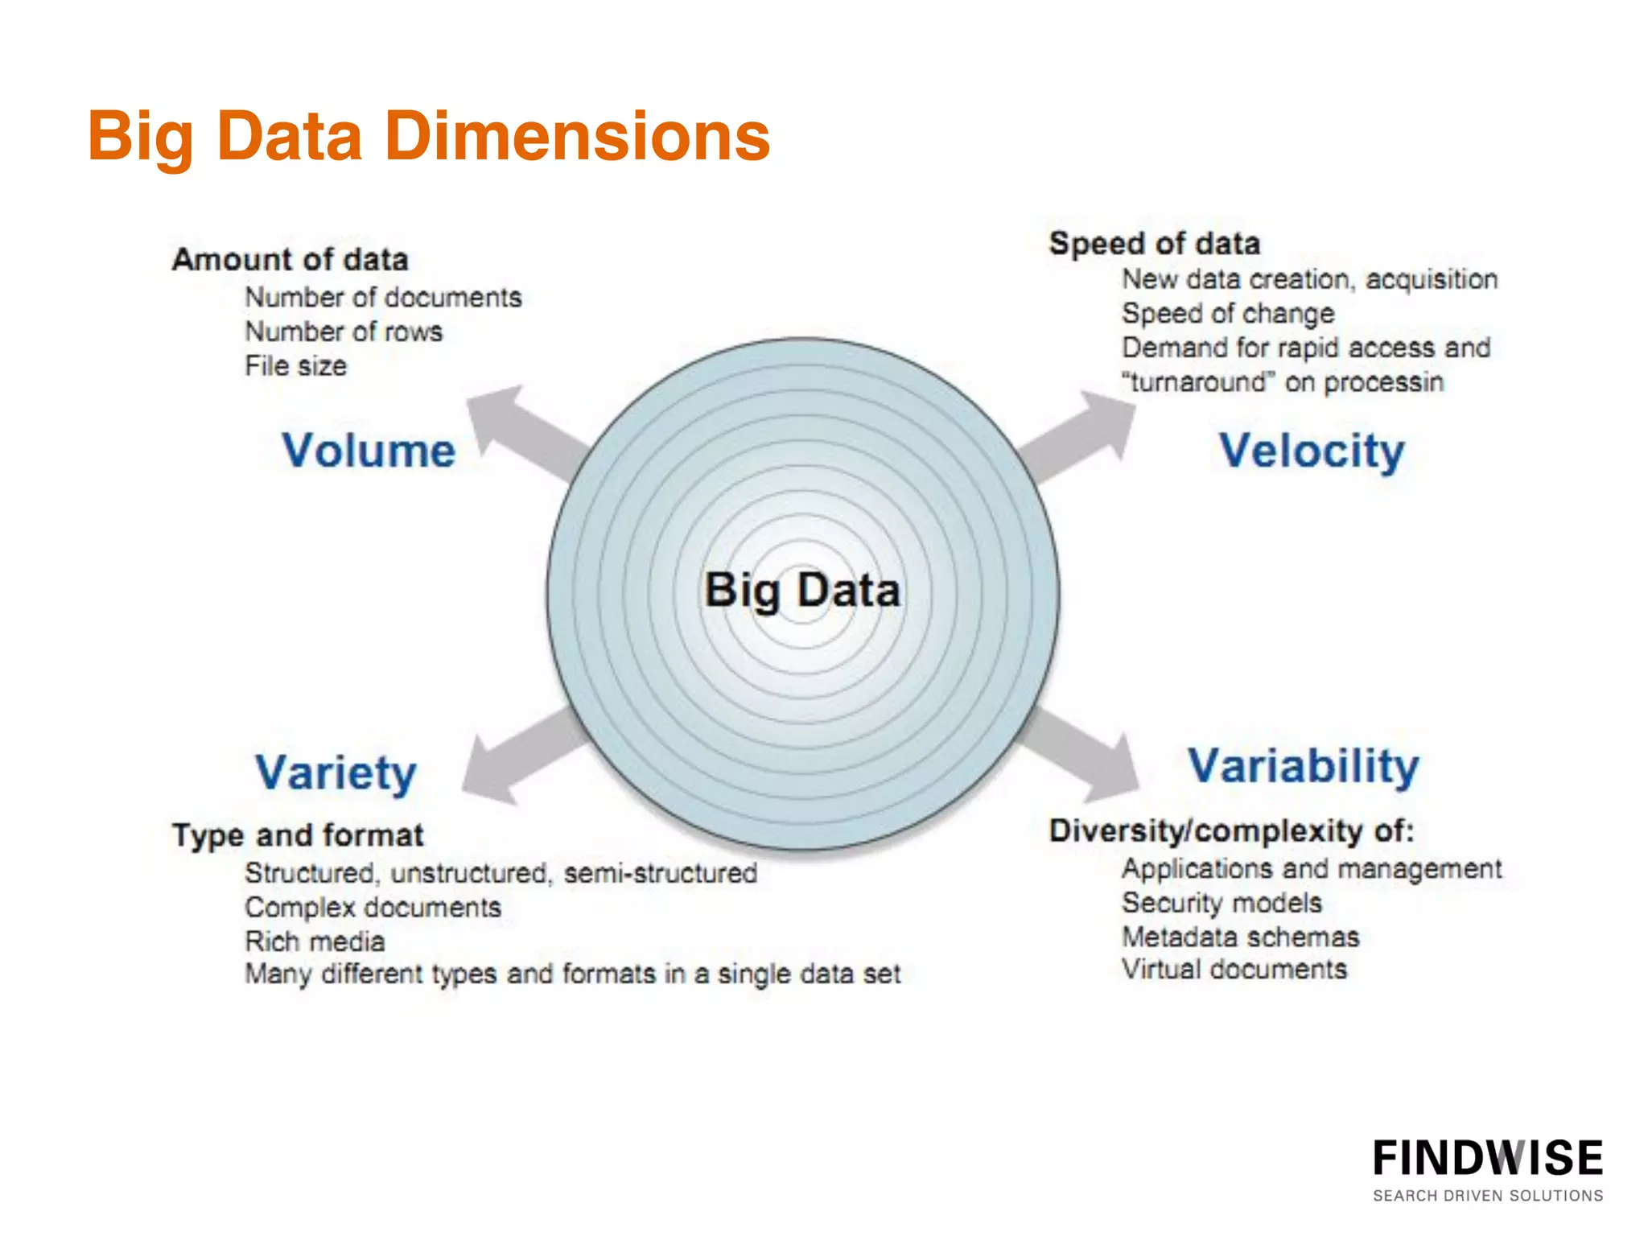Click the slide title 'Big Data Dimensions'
[x=428, y=137]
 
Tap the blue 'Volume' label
[x=369, y=451]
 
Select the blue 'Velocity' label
[x=1311, y=451]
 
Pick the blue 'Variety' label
[x=336, y=772]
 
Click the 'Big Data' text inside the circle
[x=802, y=590]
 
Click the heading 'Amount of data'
[x=290, y=260]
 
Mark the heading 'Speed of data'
[x=1154, y=243]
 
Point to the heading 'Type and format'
[x=298, y=835]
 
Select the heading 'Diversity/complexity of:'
[x=1231, y=830]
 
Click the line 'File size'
[x=295, y=366]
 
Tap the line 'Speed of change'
[x=1228, y=313]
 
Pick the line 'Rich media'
[x=315, y=941]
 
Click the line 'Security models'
[x=1222, y=903]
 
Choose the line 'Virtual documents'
[x=1234, y=970]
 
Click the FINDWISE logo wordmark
[x=1487, y=1159]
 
